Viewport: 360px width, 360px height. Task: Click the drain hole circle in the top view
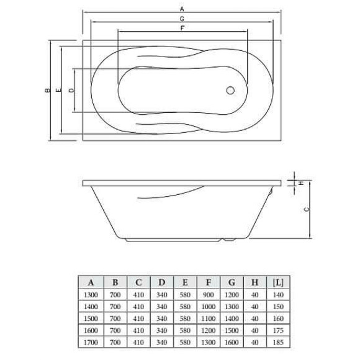point(231,90)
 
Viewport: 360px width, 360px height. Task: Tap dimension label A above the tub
point(181,9)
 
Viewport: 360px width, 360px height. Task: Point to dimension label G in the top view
point(181,19)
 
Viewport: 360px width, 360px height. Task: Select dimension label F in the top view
point(181,29)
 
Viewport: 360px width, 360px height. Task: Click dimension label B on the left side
point(47,91)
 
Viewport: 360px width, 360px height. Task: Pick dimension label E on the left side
point(58,91)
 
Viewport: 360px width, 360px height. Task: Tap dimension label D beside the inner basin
point(71,91)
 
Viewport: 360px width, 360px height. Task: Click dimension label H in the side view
point(301,183)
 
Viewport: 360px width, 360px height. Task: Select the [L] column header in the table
point(279,282)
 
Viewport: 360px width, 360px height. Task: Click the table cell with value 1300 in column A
point(90,296)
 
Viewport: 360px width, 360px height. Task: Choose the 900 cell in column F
point(208,296)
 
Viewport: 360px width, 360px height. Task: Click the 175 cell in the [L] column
point(279,330)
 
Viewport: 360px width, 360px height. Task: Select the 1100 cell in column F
point(208,318)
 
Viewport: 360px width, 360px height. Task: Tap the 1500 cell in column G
point(232,330)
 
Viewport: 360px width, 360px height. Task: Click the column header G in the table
point(232,282)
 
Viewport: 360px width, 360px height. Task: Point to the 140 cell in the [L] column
point(279,296)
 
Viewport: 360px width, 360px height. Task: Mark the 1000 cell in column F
point(208,307)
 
